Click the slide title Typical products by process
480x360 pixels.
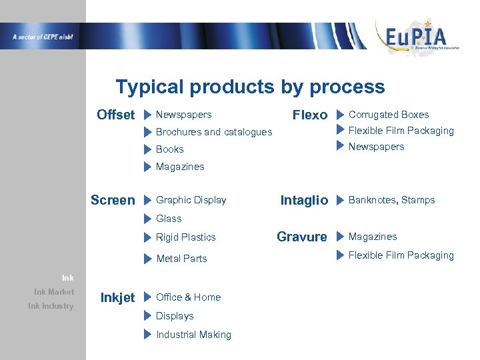point(250,87)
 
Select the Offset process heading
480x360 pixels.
point(115,115)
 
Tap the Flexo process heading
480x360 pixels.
point(310,115)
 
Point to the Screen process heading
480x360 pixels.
point(112,200)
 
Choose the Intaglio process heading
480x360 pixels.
point(304,200)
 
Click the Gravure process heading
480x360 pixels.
point(301,237)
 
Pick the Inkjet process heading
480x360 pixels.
point(117,297)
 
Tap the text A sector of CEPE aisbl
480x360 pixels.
point(42,37)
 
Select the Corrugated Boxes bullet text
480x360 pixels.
point(389,115)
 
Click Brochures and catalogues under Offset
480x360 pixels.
point(213,132)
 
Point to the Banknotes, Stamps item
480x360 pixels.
point(391,200)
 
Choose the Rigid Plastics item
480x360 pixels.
point(185,237)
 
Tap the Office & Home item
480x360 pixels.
point(188,297)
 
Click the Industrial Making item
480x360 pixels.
point(193,335)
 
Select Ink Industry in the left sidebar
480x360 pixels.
point(51,306)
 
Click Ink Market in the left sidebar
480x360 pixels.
point(54,291)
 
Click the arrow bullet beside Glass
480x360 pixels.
point(148,219)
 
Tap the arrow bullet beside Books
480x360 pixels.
point(148,149)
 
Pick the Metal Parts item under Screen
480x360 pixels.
point(181,259)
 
